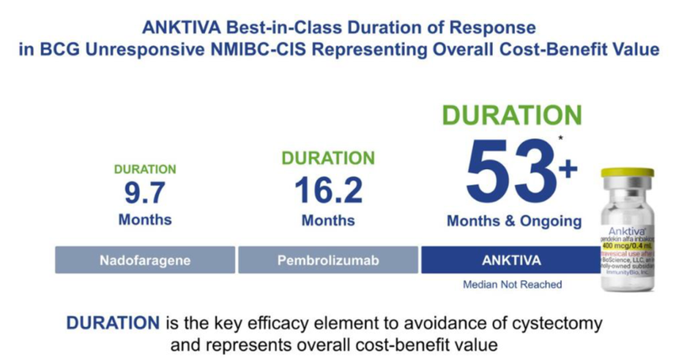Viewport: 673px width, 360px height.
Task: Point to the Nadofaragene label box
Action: [x=146, y=261]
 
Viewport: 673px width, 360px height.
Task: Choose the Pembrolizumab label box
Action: [x=328, y=261]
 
